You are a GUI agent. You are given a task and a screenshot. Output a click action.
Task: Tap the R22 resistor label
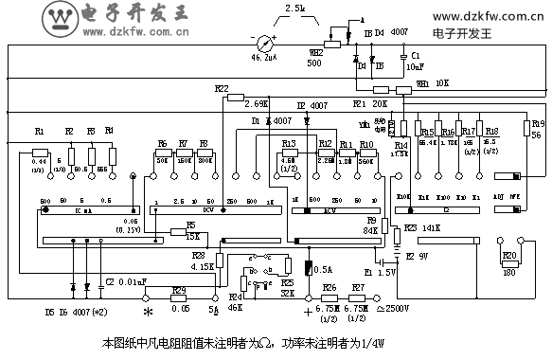point(222,88)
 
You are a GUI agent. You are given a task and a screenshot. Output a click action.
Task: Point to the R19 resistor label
point(537,123)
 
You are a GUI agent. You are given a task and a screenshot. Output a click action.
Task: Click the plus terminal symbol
point(307,311)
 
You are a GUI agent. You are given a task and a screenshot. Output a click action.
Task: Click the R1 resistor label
point(39,131)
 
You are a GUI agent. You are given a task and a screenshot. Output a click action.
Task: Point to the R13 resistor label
point(289,143)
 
